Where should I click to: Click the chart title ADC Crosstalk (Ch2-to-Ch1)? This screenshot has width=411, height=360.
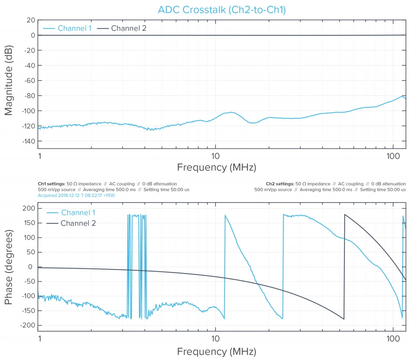click(222, 10)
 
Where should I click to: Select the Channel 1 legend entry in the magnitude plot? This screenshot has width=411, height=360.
click(75, 28)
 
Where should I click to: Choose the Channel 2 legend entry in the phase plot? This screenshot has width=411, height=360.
click(78, 223)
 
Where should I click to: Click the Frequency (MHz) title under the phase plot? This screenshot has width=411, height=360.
click(216, 352)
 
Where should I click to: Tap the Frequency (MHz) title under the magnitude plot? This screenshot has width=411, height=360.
click(216, 168)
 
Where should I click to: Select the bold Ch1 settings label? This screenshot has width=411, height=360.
click(51, 184)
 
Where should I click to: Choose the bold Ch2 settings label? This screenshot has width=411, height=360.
click(279, 184)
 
